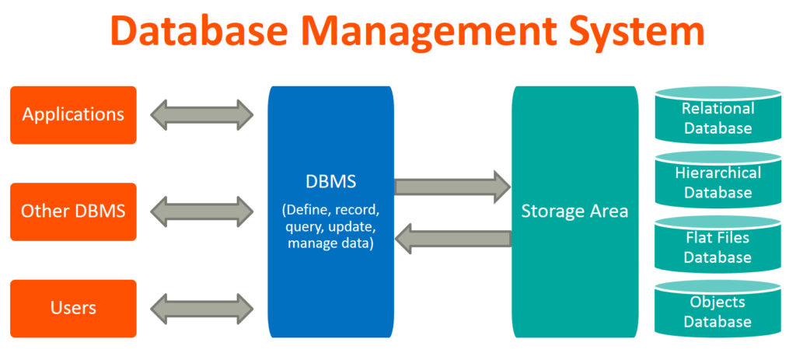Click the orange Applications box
(73, 115)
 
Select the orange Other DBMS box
(73, 211)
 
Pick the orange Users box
(73, 308)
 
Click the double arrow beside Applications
(202, 115)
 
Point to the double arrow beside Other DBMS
(202, 211)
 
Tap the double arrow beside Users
(202, 308)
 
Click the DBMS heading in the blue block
(330, 181)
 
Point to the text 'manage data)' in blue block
(330, 243)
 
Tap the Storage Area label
(574, 211)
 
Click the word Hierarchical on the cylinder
(717, 173)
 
